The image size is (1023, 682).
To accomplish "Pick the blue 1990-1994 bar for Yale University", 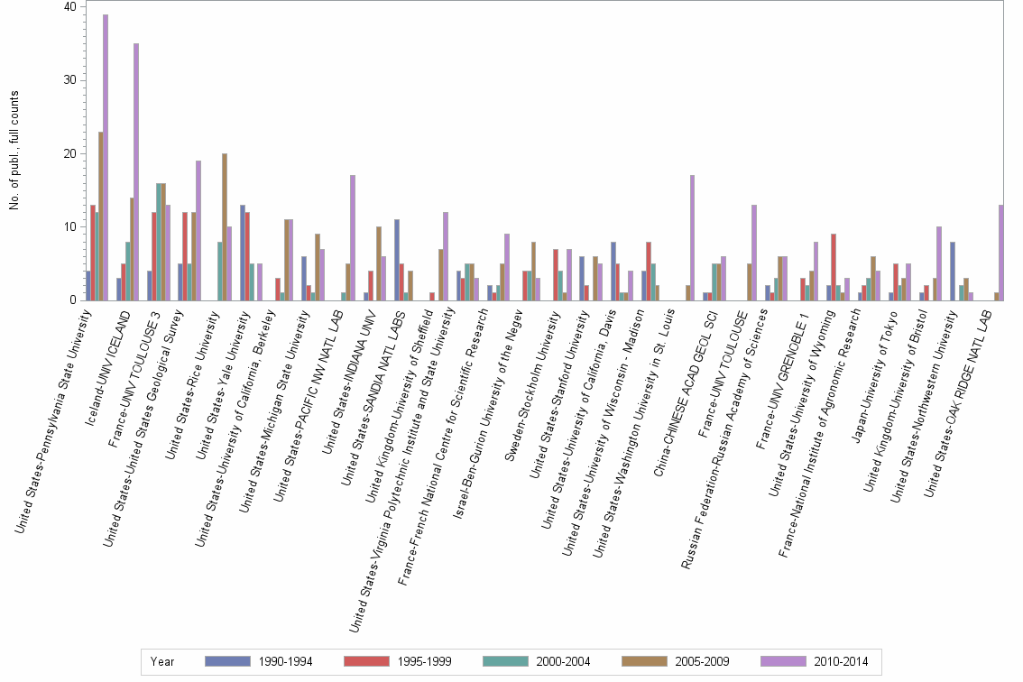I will [x=243, y=253].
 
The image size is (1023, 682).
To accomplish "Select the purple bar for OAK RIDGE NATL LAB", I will [x=1001, y=253].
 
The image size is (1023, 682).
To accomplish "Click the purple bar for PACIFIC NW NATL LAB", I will [x=353, y=237].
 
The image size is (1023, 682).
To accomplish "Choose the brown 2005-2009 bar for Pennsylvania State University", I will [x=100, y=216].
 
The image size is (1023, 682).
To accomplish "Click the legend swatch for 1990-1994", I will [x=227, y=661].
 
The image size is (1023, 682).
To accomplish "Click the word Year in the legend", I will [x=163, y=661].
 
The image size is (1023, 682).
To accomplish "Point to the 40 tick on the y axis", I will [x=70, y=7].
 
